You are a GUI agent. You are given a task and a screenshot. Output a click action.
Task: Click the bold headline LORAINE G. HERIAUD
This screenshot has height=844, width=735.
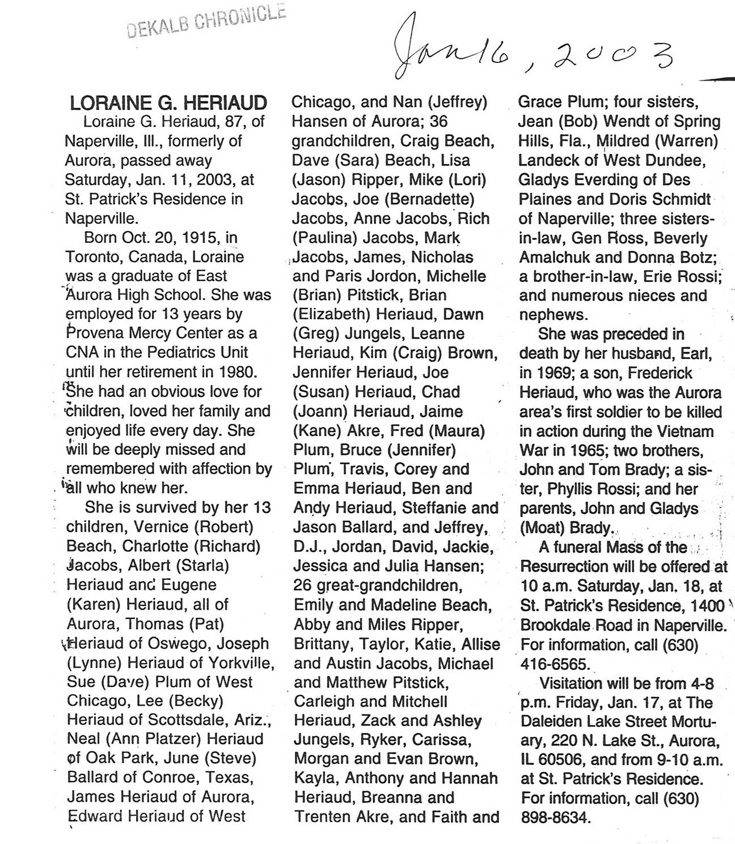pyautogui.click(x=168, y=103)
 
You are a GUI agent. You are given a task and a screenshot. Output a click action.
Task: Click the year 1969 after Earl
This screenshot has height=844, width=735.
pyautogui.click(x=550, y=373)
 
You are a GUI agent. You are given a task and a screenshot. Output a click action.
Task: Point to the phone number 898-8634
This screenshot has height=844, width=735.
pyautogui.click(x=555, y=817)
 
